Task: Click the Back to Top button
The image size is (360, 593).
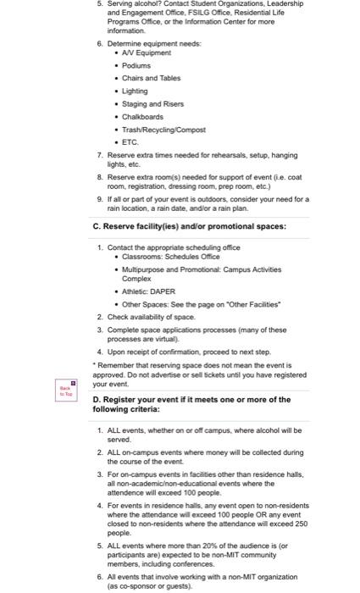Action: pos(65,390)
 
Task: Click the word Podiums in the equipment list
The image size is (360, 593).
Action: pos(136,64)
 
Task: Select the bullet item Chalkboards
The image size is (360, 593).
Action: pos(143,116)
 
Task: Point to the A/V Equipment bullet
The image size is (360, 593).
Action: pos(147,52)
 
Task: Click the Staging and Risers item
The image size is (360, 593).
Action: pos(152,103)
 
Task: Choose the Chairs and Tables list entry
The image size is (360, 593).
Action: pos(152,78)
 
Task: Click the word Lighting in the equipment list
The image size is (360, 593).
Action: pos(136,91)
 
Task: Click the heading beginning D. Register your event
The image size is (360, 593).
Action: pos(191,404)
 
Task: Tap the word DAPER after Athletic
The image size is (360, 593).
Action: pos(163,291)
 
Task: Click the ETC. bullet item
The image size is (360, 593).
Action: pos(130,141)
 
